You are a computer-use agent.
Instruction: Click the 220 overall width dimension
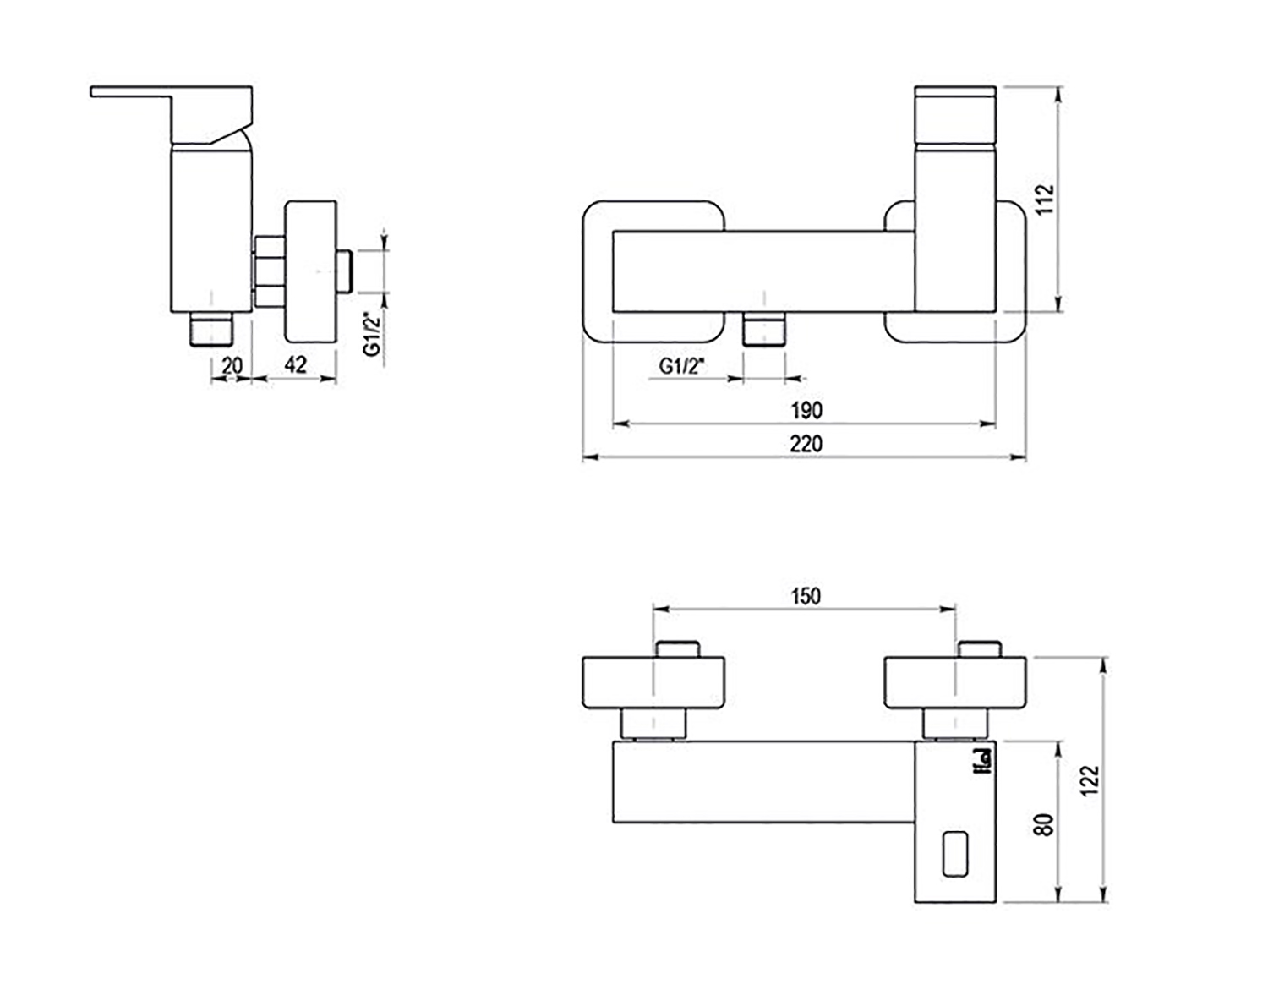(806, 443)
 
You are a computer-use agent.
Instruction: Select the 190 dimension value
(806, 410)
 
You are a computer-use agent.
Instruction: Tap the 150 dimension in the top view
(805, 596)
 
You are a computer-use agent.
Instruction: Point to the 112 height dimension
(1046, 200)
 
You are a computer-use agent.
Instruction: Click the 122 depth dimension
(1090, 779)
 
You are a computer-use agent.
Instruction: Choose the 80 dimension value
(1046, 824)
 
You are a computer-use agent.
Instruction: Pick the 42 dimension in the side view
(295, 364)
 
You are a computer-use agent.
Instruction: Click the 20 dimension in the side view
(232, 365)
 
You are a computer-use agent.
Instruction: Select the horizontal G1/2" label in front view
(682, 365)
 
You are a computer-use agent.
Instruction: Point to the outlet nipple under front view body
(763, 329)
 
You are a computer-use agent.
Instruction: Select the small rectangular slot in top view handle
(956, 854)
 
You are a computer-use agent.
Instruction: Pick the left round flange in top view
(653, 683)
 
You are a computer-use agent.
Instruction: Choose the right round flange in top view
(954, 683)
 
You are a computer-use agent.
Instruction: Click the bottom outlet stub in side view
(210, 330)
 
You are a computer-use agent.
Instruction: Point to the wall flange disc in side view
(311, 271)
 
